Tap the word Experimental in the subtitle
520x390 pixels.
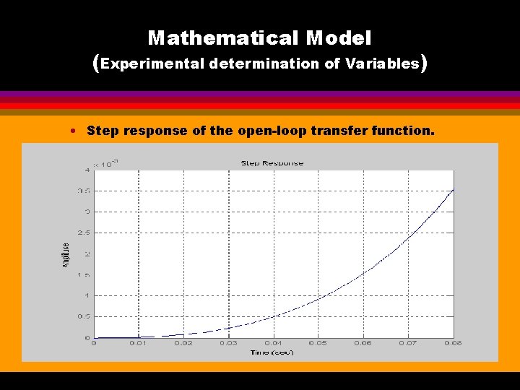tap(153, 64)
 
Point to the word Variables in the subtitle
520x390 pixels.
tap(382, 64)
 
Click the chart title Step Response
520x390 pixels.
tap(272, 163)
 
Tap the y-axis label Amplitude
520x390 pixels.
tap(66, 256)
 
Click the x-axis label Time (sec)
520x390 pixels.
tap(272, 352)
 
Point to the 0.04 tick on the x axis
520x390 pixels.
tap(273, 343)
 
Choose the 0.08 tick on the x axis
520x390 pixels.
tap(453, 343)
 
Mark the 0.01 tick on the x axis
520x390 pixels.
tap(139, 343)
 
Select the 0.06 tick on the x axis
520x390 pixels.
tap(363, 343)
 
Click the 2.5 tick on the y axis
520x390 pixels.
tap(84, 233)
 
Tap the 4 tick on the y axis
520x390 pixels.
tap(87, 170)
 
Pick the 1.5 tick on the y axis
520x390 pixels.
tap(84, 274)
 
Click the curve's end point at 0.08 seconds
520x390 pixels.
tap(453, 189)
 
